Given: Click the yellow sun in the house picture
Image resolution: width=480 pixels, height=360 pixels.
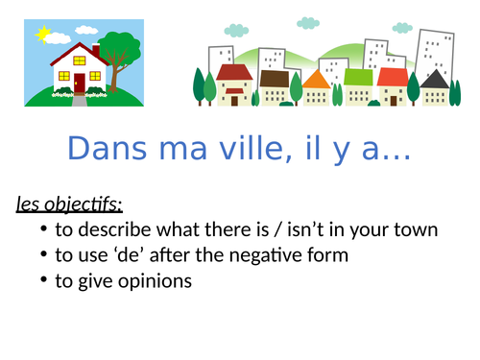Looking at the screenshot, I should pyautogui.click(x=41, y=35).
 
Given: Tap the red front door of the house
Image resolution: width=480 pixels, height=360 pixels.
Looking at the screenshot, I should pyautogui.click(x=78, y=84).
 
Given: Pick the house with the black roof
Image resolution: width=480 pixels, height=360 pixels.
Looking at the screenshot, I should pyautogui.click(x=434, y=86).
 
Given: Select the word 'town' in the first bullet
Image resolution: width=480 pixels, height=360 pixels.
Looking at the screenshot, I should pyautogui.click(x=416, y=230).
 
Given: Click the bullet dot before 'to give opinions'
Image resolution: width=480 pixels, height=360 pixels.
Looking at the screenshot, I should pyautogui.click(x=45, y=281).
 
